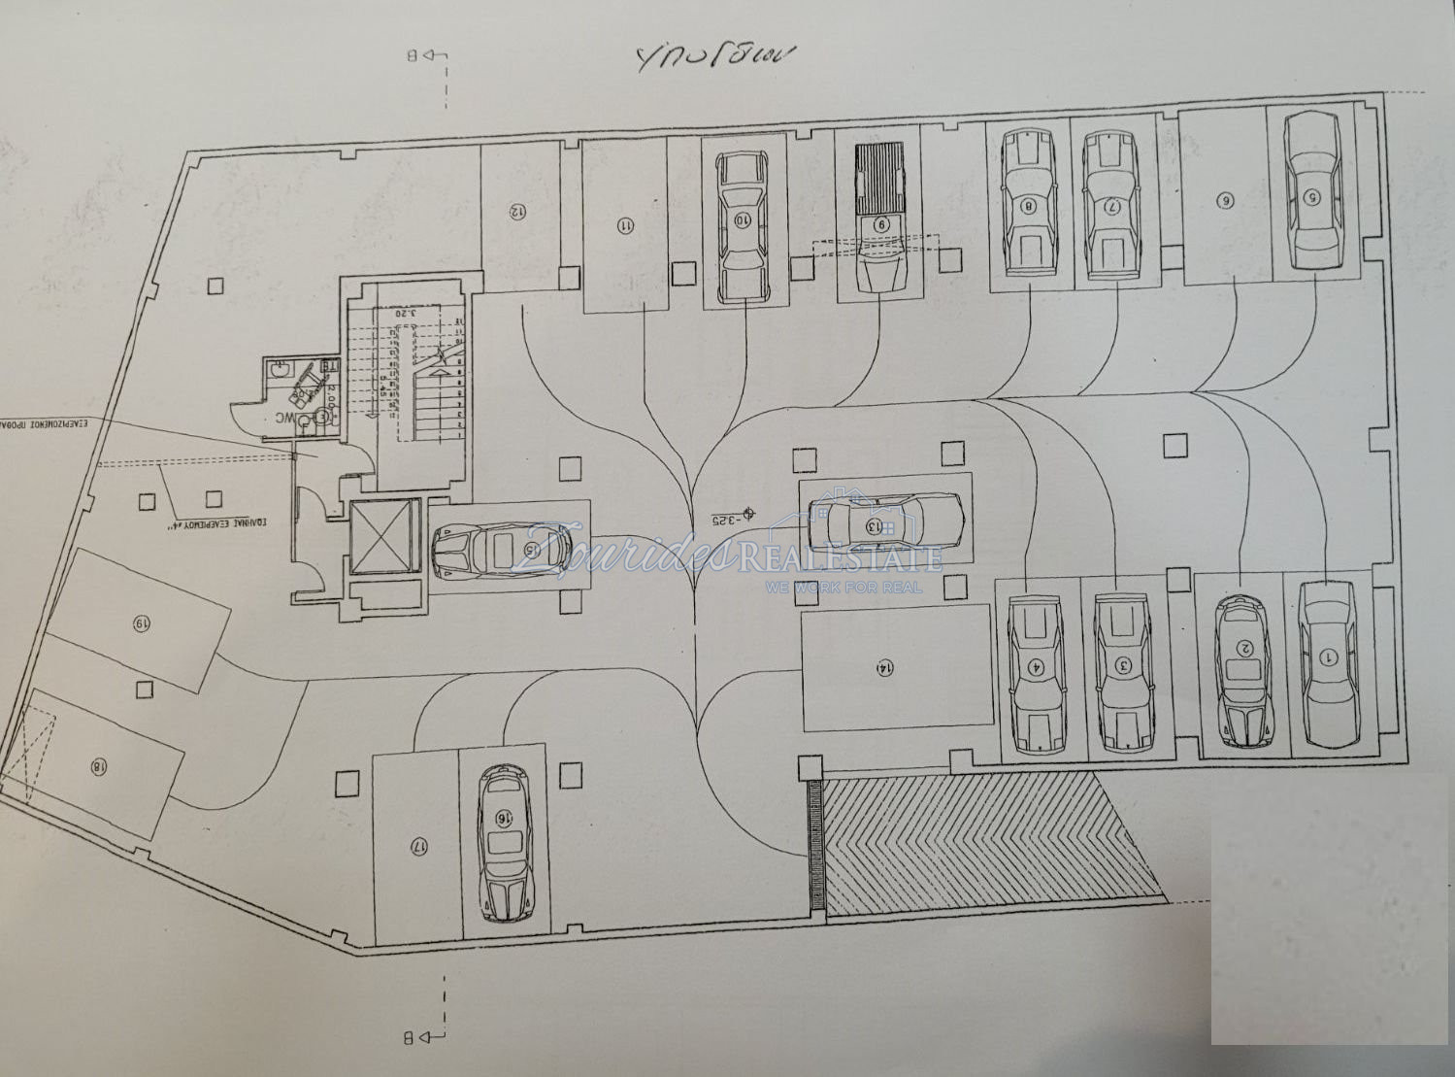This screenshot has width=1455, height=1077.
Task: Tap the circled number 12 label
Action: pyautogui.click(x=518, y=210)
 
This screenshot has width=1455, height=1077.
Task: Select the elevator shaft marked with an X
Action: pyautogui.click(x=383, y=537)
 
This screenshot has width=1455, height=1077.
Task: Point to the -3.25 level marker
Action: pyautogui.click(x=729, y=516)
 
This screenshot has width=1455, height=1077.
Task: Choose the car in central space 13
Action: pyautogui.click(x=885, y=523)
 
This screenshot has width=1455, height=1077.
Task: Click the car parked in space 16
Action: pyautogui.click(x=504, y=843)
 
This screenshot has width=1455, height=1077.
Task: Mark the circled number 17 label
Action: pyautogui.click(x=419, y=846)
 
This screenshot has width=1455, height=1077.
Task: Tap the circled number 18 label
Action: pyautogui.click(x=97, y=766)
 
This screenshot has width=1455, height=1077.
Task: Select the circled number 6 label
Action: pyautogui.click(x=1225, y=200)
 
